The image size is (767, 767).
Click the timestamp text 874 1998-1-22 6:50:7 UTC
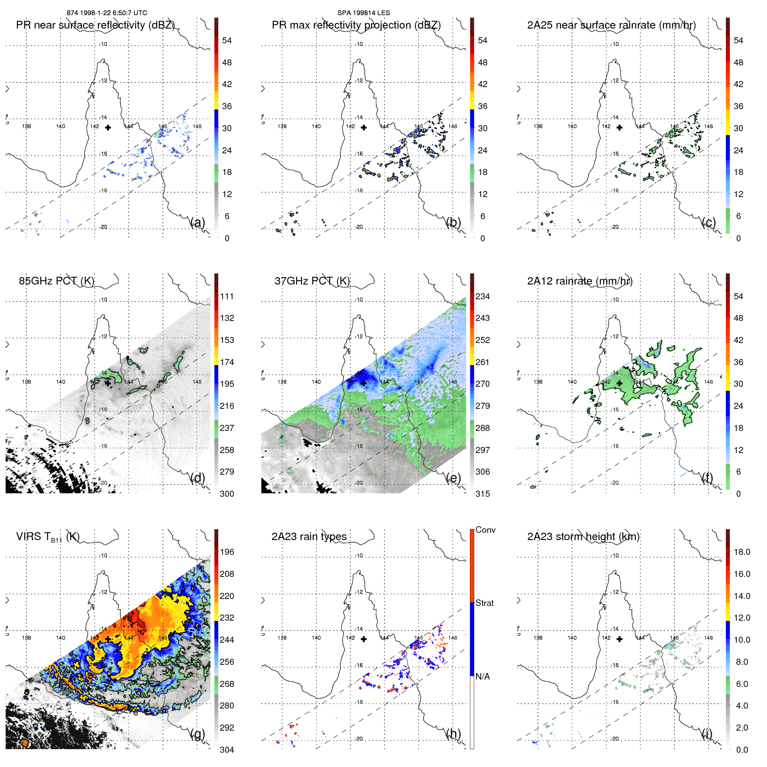(107, 13)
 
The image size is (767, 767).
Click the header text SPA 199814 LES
(363, 13)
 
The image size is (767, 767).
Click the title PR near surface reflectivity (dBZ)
(95, 25)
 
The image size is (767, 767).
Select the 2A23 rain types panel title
(309, 537)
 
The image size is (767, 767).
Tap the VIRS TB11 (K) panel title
(48, 537)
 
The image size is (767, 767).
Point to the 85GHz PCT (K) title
(56, 281)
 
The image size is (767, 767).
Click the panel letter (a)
(197, 223)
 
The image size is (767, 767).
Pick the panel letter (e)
(453, 478)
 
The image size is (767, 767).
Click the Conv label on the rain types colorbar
(485, 530)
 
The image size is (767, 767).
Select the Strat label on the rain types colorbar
(484, 603)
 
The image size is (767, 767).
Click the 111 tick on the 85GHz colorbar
(227, 296)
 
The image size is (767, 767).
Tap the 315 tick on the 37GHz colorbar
(482, 494)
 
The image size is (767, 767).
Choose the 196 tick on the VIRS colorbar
(227, 552)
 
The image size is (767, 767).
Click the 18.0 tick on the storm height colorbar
(741, 552)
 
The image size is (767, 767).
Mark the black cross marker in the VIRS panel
(108, 639)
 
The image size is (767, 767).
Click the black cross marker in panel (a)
(108, 127)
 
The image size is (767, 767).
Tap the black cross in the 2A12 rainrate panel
(619, 383)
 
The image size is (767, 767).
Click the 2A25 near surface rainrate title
(611, 25)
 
